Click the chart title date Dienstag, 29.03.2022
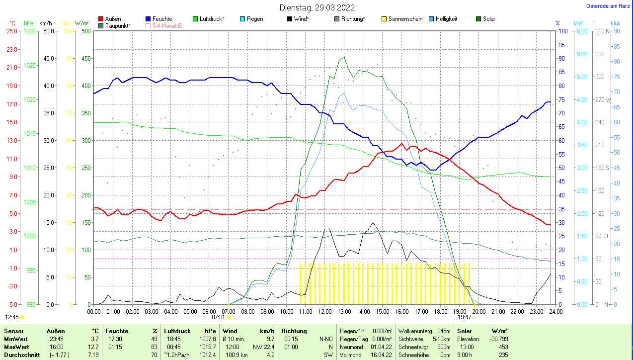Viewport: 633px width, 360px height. [317, 7]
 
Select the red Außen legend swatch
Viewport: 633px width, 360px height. [101, 19]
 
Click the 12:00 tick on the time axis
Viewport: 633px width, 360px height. [324, 311]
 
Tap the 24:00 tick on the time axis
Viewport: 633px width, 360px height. [555, 311]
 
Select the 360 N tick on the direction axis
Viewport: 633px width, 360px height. [602, 31]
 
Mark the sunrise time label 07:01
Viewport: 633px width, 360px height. [219, 317]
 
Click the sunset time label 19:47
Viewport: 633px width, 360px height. [464, 317]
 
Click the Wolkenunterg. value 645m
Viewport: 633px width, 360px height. [444, 331]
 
